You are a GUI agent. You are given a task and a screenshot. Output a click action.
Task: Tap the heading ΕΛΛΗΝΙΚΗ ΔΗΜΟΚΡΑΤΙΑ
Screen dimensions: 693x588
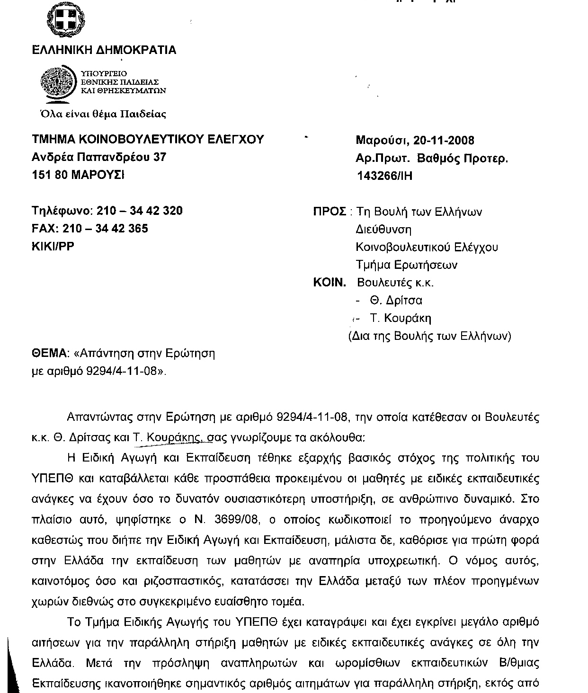[x=104, y=50]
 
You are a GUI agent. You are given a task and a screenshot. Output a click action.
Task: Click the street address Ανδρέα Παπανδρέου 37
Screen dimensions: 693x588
[x=99, y=157]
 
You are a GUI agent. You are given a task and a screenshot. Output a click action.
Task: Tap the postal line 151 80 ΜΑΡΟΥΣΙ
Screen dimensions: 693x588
[x=78, y=175]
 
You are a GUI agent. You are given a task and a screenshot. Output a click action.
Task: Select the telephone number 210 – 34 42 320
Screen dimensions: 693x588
[x=140, y=211]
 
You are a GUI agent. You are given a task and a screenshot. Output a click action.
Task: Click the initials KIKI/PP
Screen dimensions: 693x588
[x=53, y=246]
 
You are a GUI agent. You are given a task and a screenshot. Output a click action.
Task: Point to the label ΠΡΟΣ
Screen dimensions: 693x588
[x=330, y=212]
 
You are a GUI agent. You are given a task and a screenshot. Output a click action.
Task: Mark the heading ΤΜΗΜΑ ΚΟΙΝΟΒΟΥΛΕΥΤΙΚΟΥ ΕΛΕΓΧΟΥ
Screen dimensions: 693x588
[x=148, y=139]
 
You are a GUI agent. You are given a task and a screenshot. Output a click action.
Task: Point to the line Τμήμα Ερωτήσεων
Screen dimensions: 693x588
[x=407, y=265]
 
